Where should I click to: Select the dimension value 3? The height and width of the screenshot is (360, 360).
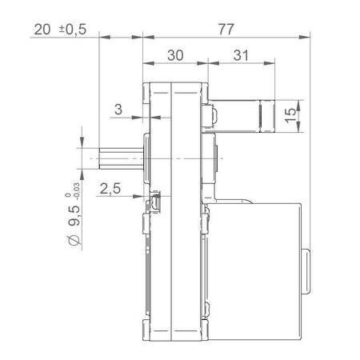tap(118, 110)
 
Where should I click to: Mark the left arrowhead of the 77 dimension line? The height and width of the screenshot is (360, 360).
tap(146, 36)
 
